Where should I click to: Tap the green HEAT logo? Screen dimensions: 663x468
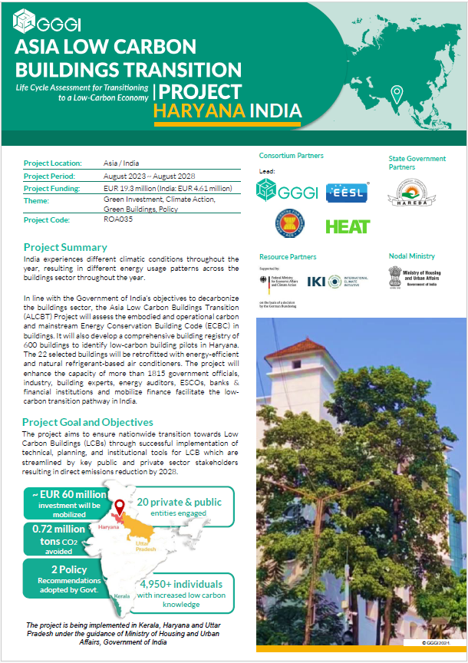348,226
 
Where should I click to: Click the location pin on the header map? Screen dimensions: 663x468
397,94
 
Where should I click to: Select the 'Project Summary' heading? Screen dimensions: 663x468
65,247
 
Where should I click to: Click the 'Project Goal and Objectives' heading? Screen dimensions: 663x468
87,422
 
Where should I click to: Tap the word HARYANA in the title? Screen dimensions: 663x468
199,111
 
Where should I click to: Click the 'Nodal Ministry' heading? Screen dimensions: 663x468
411,256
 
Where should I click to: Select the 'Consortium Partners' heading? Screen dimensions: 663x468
291,156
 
